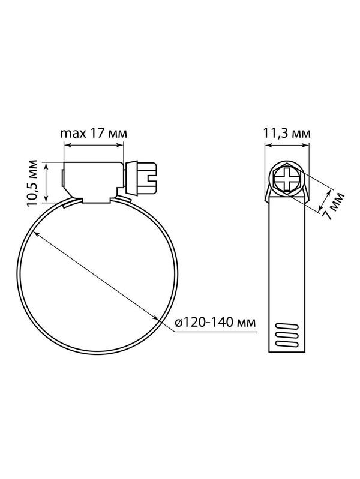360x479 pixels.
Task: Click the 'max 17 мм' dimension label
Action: pos(93,134)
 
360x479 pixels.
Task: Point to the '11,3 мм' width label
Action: pos(287,134)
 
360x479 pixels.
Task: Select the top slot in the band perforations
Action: pos(287,326)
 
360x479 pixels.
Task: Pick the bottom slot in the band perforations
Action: pos(287,344)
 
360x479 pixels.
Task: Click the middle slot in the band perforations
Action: pos(287,335)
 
